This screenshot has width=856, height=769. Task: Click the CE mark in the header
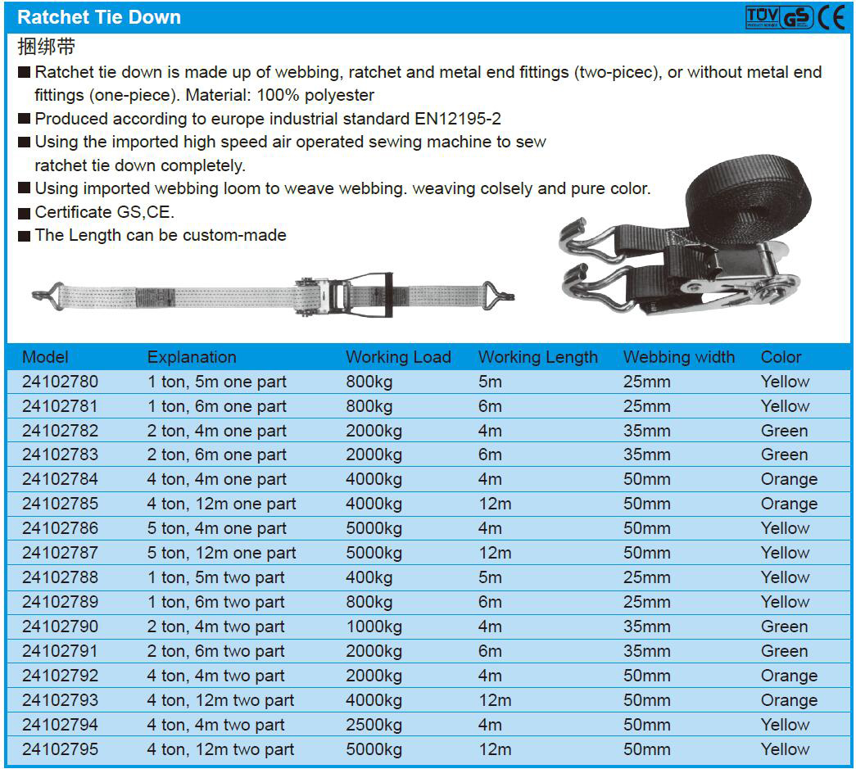(831, 17)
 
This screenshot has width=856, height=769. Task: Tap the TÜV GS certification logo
(780, 17)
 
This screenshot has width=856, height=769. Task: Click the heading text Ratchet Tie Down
(99, 17)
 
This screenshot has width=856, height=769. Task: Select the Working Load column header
(398, 357)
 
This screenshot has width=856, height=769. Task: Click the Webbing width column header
(678, 357)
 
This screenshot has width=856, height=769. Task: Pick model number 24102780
(60, 382)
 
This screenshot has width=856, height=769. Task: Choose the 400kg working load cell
(369, 577)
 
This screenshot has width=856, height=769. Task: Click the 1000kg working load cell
(374, 627)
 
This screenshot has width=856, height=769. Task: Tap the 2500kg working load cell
(374, 725)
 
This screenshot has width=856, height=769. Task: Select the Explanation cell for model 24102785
(221, 504)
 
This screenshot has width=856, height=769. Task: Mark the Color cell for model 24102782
(784, 431)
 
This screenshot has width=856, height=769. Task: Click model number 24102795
(60, 749)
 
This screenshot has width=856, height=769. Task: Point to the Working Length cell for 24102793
(495, 700)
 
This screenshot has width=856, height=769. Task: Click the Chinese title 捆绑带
(47, 47)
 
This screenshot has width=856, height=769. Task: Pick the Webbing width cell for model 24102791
(647, 651)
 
